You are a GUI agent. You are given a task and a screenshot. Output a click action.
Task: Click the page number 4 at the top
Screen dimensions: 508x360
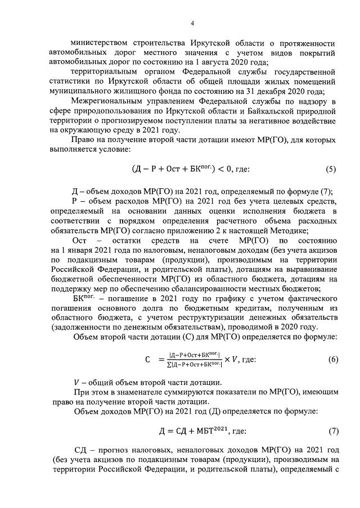191,23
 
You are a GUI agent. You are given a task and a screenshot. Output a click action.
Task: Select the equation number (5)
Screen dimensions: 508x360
331,169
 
